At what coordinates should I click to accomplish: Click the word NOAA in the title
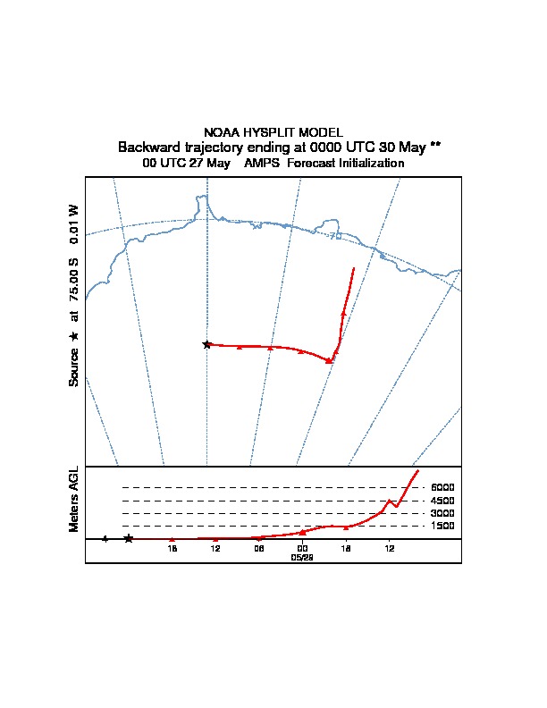click(222, 132)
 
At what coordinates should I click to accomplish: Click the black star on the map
click(206, 344)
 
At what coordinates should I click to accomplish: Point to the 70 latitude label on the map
click(335, 235)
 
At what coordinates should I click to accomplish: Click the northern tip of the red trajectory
click(354, 267)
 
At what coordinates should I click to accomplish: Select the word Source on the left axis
click(74, 367)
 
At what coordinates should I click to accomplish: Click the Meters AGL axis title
click(74, 500)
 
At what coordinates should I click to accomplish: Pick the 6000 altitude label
click(442, 487)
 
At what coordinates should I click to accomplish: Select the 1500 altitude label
click(442, 527)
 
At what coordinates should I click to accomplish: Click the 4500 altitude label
click(442, 501)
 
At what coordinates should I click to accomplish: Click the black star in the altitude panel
click(129, 538)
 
